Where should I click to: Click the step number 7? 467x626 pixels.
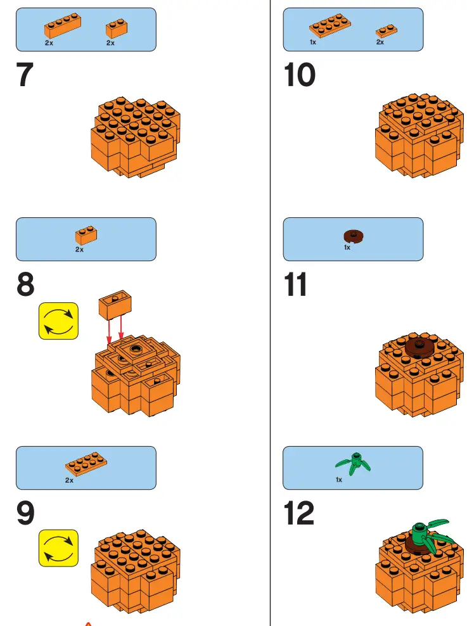point(25,75)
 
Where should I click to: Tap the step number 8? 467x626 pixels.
point(25,285)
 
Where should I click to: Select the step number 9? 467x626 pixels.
point(25,514)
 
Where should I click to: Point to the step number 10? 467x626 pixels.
point(300,75)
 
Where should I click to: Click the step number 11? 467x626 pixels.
point(296,285)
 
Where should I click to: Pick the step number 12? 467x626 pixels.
point(299,514)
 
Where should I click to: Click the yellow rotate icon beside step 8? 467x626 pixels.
point(58,321)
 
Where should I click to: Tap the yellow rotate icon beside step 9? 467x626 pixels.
point(58,548)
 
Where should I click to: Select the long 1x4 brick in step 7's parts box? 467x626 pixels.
point(62,25)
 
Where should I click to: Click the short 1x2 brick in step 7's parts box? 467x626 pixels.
point(116,28)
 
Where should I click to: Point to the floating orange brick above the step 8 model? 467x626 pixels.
point(115,304)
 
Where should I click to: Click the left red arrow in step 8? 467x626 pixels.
point(109,330)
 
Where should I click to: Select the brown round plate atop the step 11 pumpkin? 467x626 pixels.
point(417,345)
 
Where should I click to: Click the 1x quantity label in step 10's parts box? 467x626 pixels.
point(313,42)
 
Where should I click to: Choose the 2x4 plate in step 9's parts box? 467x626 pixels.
point(82,464)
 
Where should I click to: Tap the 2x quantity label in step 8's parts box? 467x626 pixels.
point(79,250)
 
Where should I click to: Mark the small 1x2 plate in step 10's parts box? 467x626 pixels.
point(386,30)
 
